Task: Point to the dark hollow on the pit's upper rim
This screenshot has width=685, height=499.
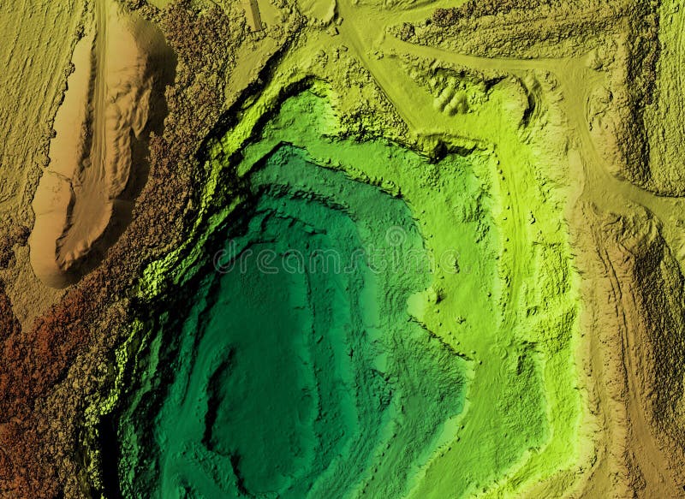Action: (x=438, y=151)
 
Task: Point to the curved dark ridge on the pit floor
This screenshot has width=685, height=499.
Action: (x=214, y=402)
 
